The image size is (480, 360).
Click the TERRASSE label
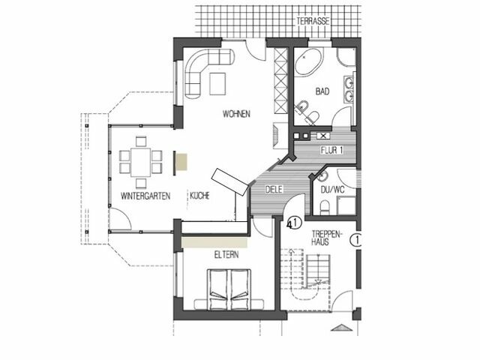tap(313, 22)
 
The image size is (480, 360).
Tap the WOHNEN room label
tap(235, 114)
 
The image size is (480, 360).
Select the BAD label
tap(322, 91)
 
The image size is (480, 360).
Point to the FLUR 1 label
tap(331, 150)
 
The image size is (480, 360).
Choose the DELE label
tap(273, 190)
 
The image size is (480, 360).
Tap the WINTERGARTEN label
tap(145, 196)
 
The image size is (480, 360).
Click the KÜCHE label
tap(199, 196)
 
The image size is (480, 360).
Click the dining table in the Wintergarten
tap(140, 160)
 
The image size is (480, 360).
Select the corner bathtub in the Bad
tap(307, 63)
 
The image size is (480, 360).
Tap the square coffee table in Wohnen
tap(220, 83)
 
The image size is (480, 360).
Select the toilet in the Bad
tap(313, 116)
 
